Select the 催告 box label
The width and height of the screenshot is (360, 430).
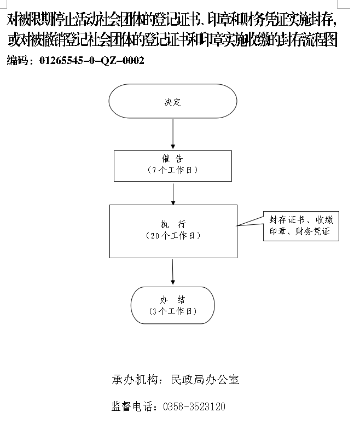coord(172,159)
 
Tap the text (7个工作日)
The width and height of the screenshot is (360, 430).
coord(172,170)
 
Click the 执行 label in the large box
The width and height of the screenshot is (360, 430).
coord(173,224)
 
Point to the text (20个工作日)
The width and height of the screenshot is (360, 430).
coord(173,236)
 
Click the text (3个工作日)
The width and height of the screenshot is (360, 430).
coord(173,311)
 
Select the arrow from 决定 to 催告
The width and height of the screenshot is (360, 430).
coord(173,134)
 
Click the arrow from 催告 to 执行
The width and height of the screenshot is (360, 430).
coord(173,194)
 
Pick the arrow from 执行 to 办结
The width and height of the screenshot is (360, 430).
coord(173,272)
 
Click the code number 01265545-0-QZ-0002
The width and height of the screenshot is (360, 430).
coord(92,60)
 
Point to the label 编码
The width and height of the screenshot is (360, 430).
coord(18,60)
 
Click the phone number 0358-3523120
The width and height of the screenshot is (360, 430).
coord(194,406)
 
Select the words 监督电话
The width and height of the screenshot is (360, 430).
coord(132,406)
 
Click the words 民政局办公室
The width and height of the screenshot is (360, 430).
coord(205,380)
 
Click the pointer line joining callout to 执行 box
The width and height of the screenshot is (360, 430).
coord(250,222)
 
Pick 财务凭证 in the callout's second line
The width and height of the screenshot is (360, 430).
coord(312,232)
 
